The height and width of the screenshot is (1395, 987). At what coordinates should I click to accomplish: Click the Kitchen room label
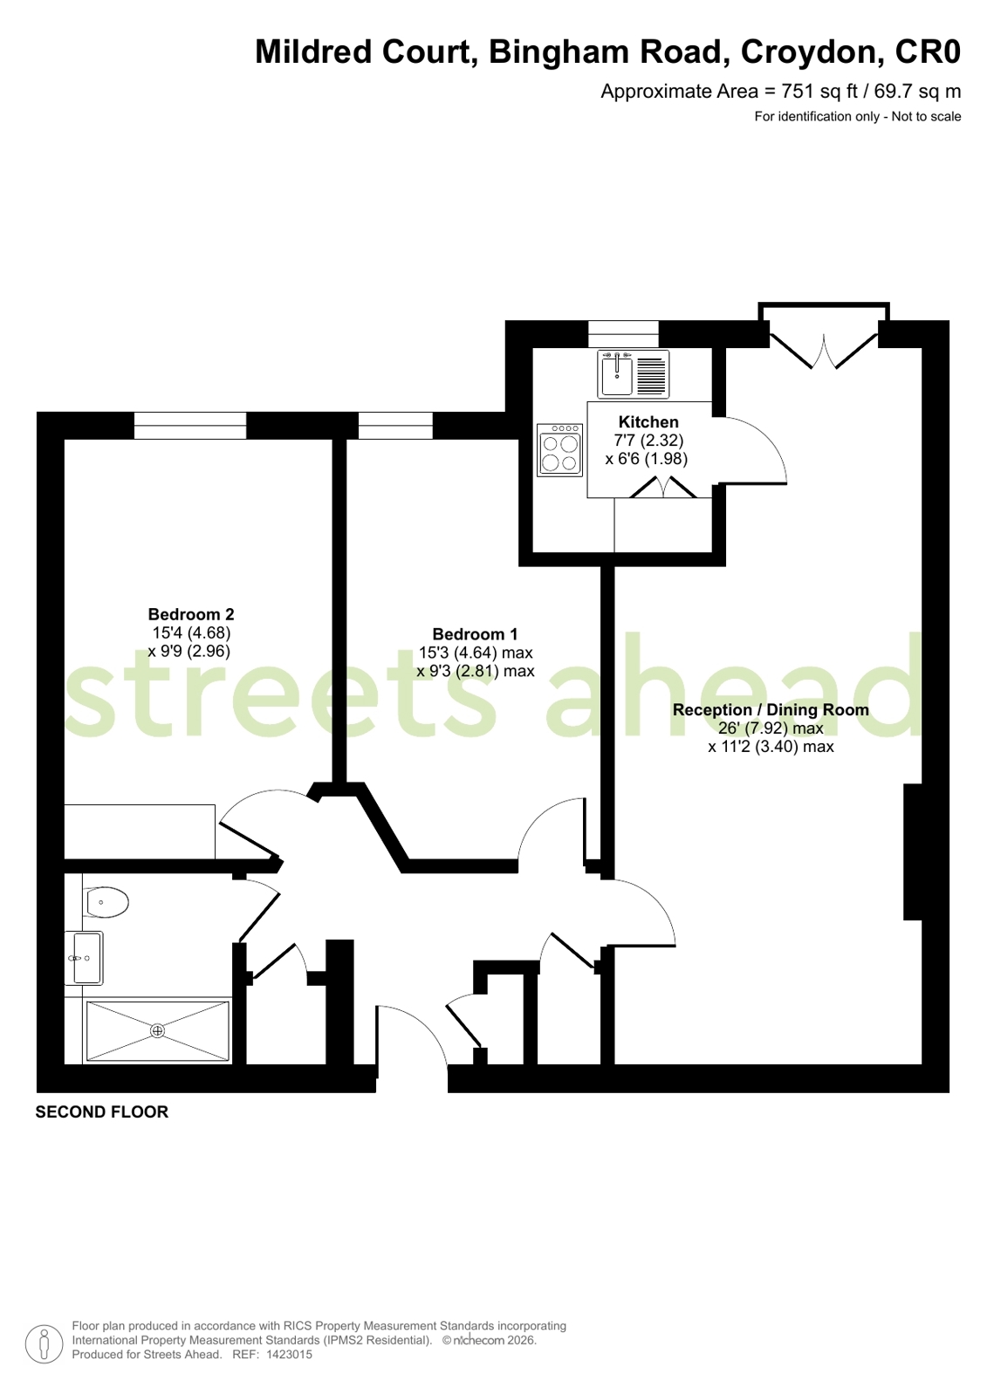648,422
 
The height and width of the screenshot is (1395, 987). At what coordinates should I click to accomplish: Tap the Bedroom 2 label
190,614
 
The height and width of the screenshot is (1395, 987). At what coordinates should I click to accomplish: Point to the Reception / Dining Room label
771,710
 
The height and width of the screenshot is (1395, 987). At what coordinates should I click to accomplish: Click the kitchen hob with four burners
560,449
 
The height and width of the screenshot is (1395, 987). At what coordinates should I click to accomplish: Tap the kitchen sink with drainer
633,374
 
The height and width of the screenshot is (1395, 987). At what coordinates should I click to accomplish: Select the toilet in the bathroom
106,902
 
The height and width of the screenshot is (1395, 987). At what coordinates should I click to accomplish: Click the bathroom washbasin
86,958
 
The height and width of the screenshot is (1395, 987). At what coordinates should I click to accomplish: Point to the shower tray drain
157,1031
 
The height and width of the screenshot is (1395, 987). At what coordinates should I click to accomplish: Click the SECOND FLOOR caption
101,1112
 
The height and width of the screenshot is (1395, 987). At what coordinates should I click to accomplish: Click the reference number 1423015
289,1355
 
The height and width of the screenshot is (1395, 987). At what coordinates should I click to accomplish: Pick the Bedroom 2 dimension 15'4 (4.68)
191,633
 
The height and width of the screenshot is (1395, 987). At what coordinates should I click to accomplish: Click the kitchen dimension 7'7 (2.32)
648,441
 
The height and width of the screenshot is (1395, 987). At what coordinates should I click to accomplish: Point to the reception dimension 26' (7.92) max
771,728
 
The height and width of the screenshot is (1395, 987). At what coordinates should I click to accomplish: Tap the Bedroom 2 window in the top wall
190,426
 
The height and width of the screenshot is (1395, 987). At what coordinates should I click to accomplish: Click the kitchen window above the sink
623,334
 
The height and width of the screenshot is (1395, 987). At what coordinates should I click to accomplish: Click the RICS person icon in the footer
44,1344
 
